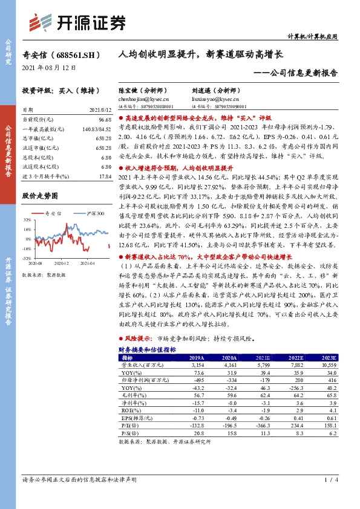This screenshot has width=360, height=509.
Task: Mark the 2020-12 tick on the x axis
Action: pyautogui.click(x=62, y=263)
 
